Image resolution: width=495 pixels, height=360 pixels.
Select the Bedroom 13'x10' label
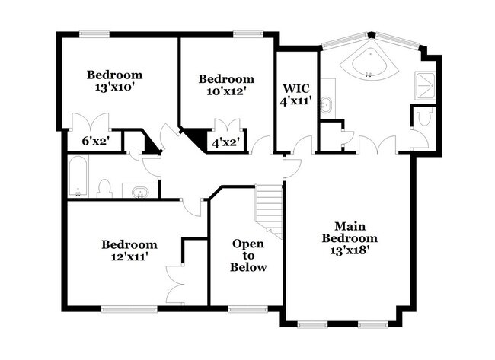point(114,81)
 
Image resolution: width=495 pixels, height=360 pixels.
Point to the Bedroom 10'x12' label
point(225,85)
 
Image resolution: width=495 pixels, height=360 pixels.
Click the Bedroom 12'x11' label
point(129,250)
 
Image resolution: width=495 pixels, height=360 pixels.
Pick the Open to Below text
point(248,256)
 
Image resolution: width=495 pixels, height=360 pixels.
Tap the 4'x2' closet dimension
point(225,141)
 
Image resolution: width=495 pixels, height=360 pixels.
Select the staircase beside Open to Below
point(270,209)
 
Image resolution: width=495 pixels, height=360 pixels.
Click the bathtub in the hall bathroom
point(78,177)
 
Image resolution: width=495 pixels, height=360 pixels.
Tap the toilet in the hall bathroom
point(106,187)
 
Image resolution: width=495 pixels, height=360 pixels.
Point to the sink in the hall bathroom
point(139,191)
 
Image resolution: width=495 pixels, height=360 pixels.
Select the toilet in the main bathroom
point(424,118)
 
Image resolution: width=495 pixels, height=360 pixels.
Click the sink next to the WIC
point(327,106)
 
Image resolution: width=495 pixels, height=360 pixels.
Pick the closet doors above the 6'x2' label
point(90,122)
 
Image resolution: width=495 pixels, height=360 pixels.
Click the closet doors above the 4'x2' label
point(226,126)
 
